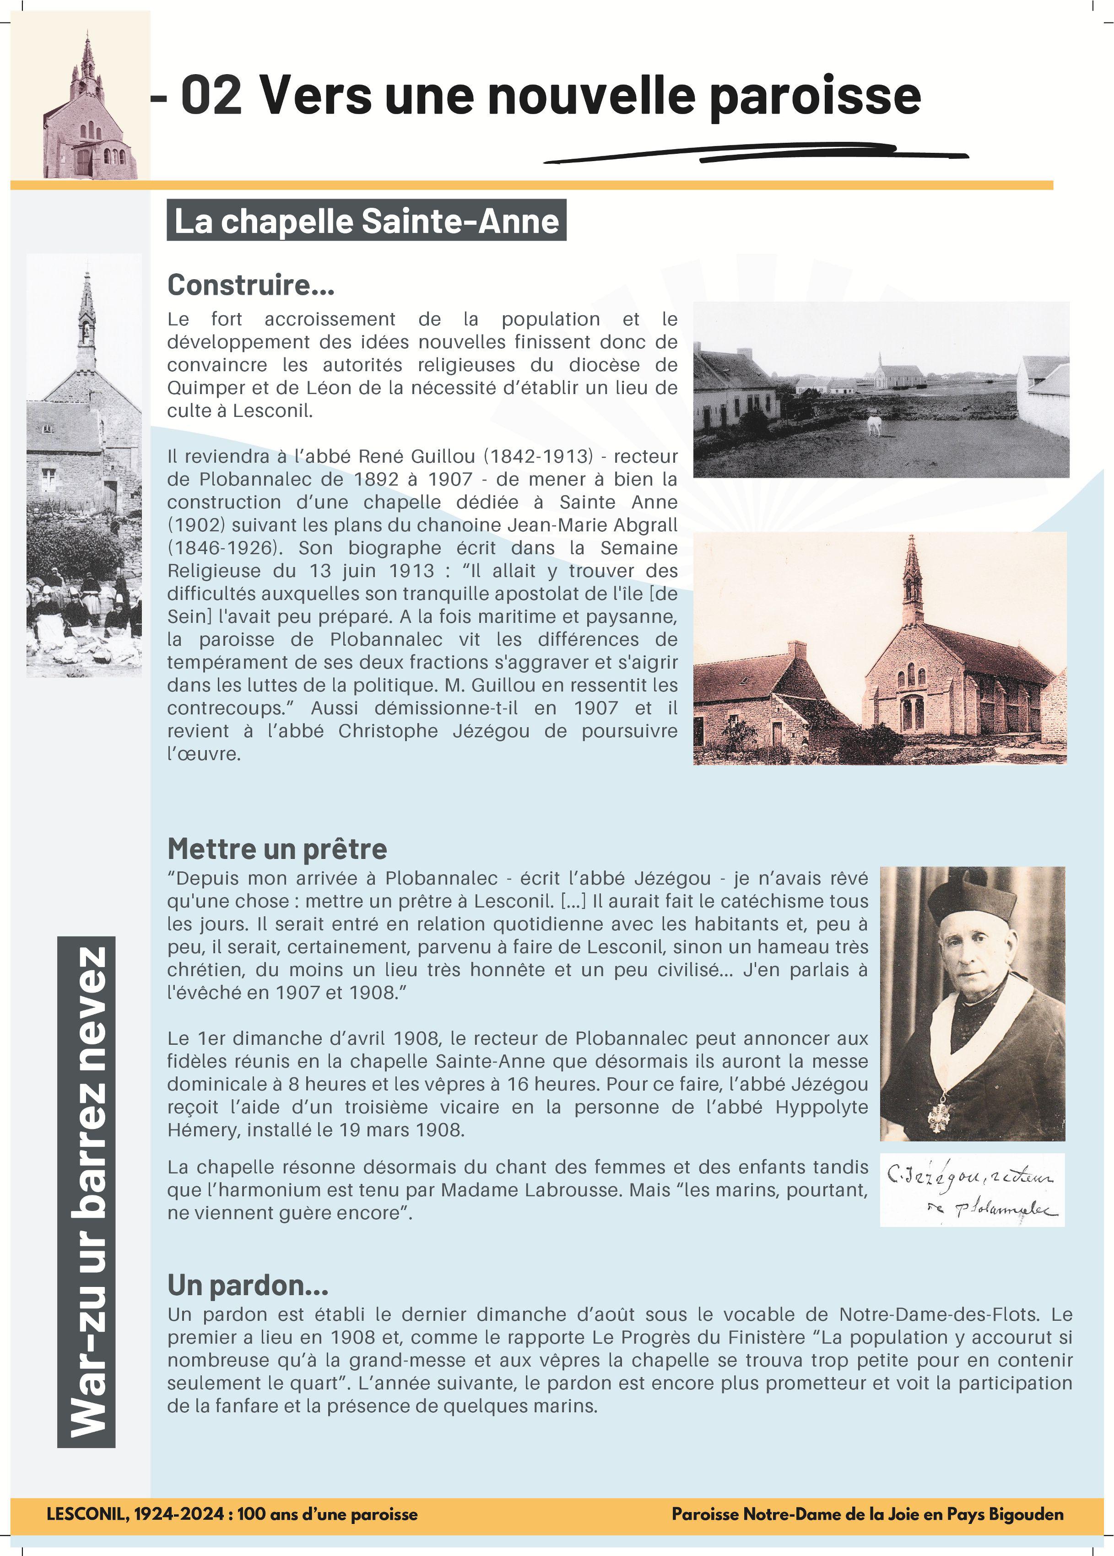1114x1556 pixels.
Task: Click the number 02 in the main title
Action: coord(211,96)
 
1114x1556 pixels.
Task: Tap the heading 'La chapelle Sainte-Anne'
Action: coord(366,221)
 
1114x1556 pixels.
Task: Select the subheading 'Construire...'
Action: coord(250,285)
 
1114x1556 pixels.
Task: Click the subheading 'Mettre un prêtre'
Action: coord(277,849)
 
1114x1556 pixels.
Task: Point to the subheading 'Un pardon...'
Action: coord(248,1285)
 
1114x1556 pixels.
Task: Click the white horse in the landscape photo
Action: coord(873,425)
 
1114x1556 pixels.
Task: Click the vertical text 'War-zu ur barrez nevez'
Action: coord(87,1192)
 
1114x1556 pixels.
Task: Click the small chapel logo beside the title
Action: coord(86,110)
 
